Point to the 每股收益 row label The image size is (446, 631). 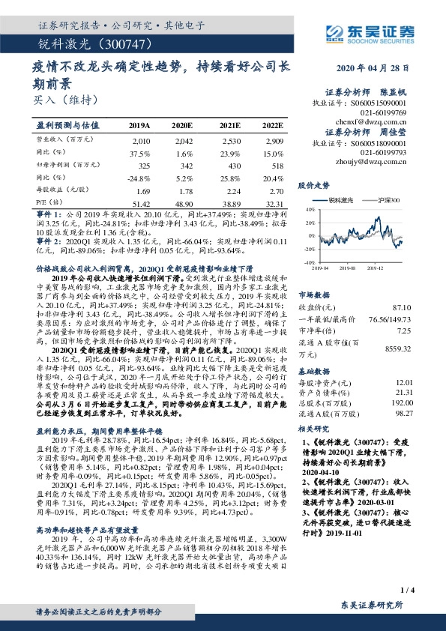57,191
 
